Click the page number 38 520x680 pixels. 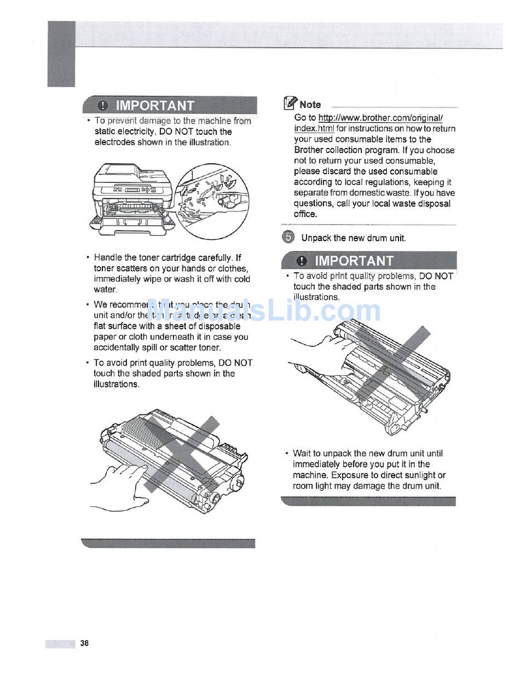(84, 643)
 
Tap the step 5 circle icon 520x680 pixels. (288, 237)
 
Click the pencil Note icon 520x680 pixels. (290, 103)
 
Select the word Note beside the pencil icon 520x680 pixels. (310, 104)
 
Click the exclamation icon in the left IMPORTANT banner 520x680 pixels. (102, 105)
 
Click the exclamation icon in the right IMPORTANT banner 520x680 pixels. (301, 260)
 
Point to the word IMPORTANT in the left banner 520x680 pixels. (155, 105)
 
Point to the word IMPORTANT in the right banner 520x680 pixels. (354, 260)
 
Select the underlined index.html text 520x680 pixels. (314, 129)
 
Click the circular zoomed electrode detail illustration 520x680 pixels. (215, 203)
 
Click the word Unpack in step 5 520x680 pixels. (316, 238)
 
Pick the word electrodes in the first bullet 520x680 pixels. (113, 142)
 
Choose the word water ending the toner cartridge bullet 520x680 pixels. (105, 289)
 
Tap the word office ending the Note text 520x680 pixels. (305, 214)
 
